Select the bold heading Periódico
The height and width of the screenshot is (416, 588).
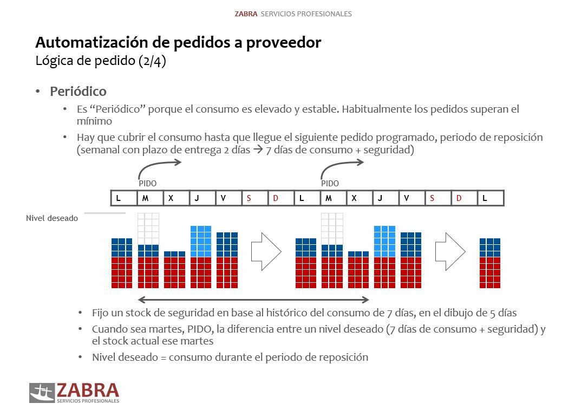[x=78, y=92]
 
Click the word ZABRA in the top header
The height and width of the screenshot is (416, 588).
[x=246, y=14]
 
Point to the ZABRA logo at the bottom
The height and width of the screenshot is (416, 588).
[x=74, y=393]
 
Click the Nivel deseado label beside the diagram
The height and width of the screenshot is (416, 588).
[x=52, y=218]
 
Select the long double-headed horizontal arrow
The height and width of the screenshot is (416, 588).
[x=253, y=300]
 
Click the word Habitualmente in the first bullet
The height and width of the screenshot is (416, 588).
[x=379, y=109]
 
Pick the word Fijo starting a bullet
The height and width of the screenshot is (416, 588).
[x=101, y=313]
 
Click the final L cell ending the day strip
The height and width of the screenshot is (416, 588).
[x=490, y=198]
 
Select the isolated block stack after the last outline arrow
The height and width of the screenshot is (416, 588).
[x=489, y=263]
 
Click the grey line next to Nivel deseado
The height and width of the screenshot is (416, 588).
[x=104, y=213]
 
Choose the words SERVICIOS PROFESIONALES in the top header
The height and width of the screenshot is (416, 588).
[x=306, y=14]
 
